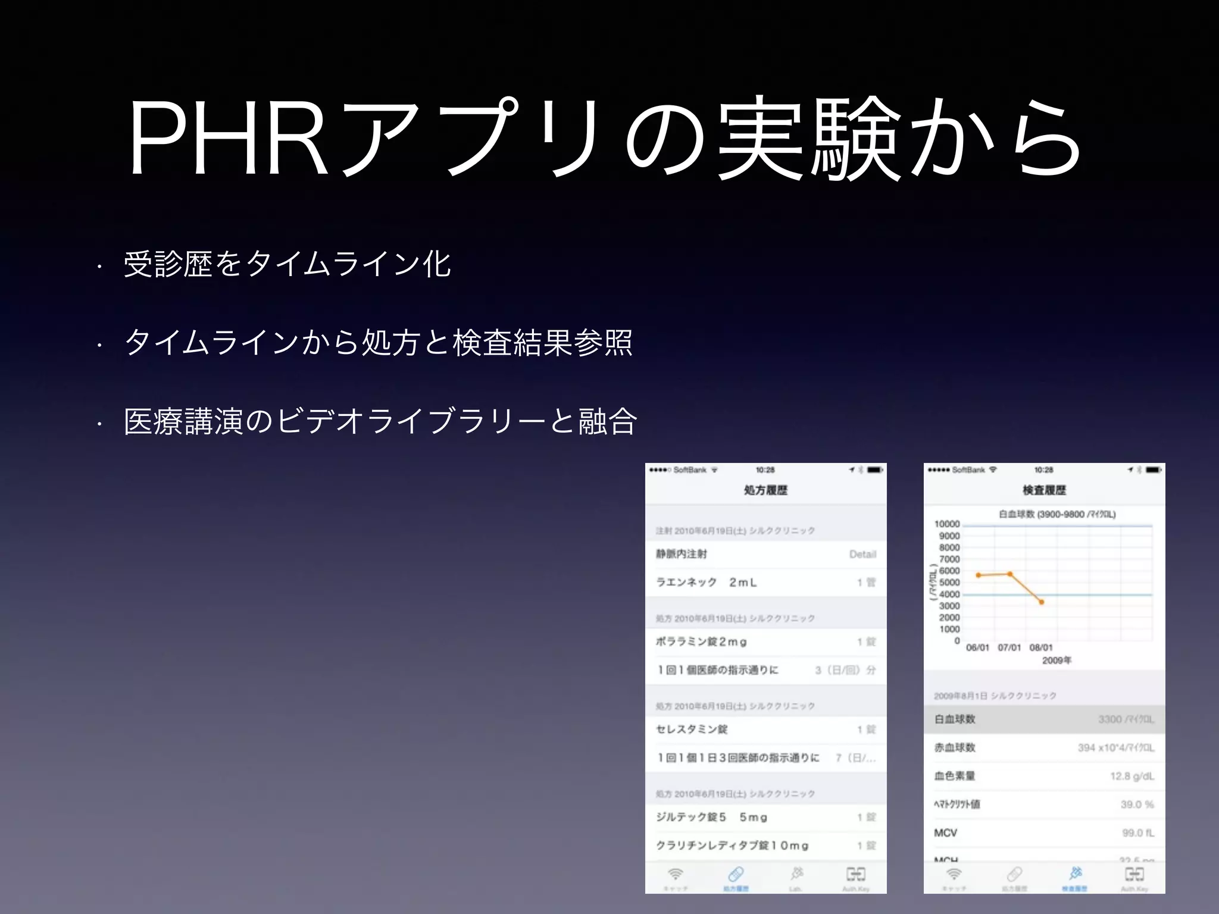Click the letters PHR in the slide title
coord(229,140)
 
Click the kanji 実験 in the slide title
coord(809,140)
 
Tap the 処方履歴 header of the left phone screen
coord(765,490)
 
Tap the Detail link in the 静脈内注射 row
coord(862,555)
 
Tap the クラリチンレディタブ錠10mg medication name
coord(732,846)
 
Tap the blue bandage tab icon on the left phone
coord(736,874)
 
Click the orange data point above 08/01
coord(1042,602)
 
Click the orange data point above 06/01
coord(978,575)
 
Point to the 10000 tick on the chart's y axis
coord(947,524)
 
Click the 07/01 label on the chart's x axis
coord(1009,647)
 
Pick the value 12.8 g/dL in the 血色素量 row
coord(1132,776)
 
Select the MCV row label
coord(945,833)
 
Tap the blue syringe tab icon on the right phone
coord(1075,874)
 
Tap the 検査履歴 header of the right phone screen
coord(1044,490)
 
